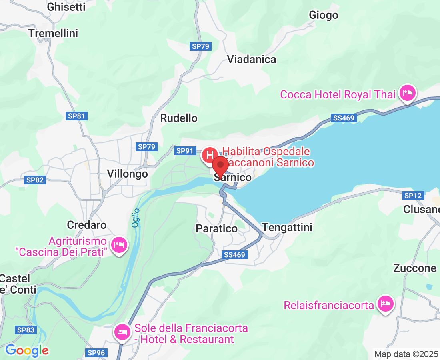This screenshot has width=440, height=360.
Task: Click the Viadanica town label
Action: click(252, 60)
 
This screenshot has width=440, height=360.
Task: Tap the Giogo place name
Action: click(324, 15)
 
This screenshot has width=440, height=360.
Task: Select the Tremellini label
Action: click(53, 33)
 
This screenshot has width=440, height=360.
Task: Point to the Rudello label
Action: click(179, 118)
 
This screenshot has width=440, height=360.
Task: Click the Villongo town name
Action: click(127, 174)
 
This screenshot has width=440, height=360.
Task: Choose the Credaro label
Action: click(87, 225)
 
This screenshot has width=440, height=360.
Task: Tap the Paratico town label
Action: click(216, 228)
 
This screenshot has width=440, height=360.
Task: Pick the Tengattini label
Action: click(287, 227)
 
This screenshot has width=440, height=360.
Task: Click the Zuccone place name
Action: click(415, 268)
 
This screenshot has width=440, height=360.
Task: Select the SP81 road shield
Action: click(76, 116)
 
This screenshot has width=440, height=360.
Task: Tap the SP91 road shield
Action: click(185, 151)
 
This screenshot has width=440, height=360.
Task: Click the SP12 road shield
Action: click(413, 196)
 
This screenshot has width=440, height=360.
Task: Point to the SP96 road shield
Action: click(96, 352)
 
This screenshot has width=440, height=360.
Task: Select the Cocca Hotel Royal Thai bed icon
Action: click(408, 94)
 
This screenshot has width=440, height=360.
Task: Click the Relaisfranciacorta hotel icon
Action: click(385, 304)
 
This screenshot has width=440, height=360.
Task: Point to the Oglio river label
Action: click(136, 218)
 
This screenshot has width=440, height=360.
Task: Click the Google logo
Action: click(27, 351)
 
